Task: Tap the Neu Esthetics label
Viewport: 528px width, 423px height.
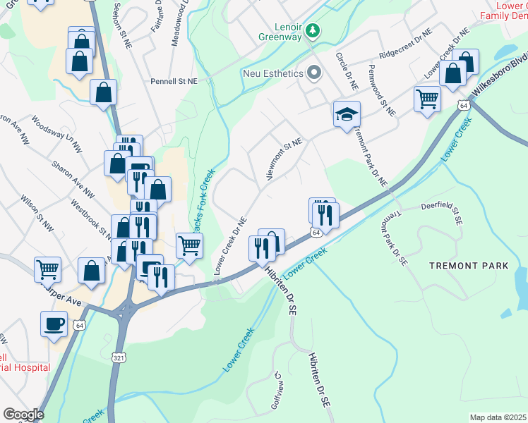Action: pyautogui.click(x=272, y=73)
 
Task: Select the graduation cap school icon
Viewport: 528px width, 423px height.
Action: pyautogui.click(x=347, y=114)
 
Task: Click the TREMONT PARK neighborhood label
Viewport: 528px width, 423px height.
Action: pyautogui.click(x=469, y=266)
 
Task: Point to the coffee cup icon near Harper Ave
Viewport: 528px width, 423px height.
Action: pyautogui.click(x=56, y=324)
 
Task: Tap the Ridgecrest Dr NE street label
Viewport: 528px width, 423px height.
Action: pyautogui.click(x=405, y=44)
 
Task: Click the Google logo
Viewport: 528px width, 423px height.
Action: pyautogui.click(x=23, y=415)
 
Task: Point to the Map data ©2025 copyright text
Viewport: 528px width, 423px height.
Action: pyautogui.click(x=498, y=417)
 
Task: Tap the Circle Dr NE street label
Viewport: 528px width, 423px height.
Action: pyautogui.click(x=349, y=70)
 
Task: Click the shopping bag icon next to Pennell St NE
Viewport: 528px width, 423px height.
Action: pyautogui.click(x=103, y=91)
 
